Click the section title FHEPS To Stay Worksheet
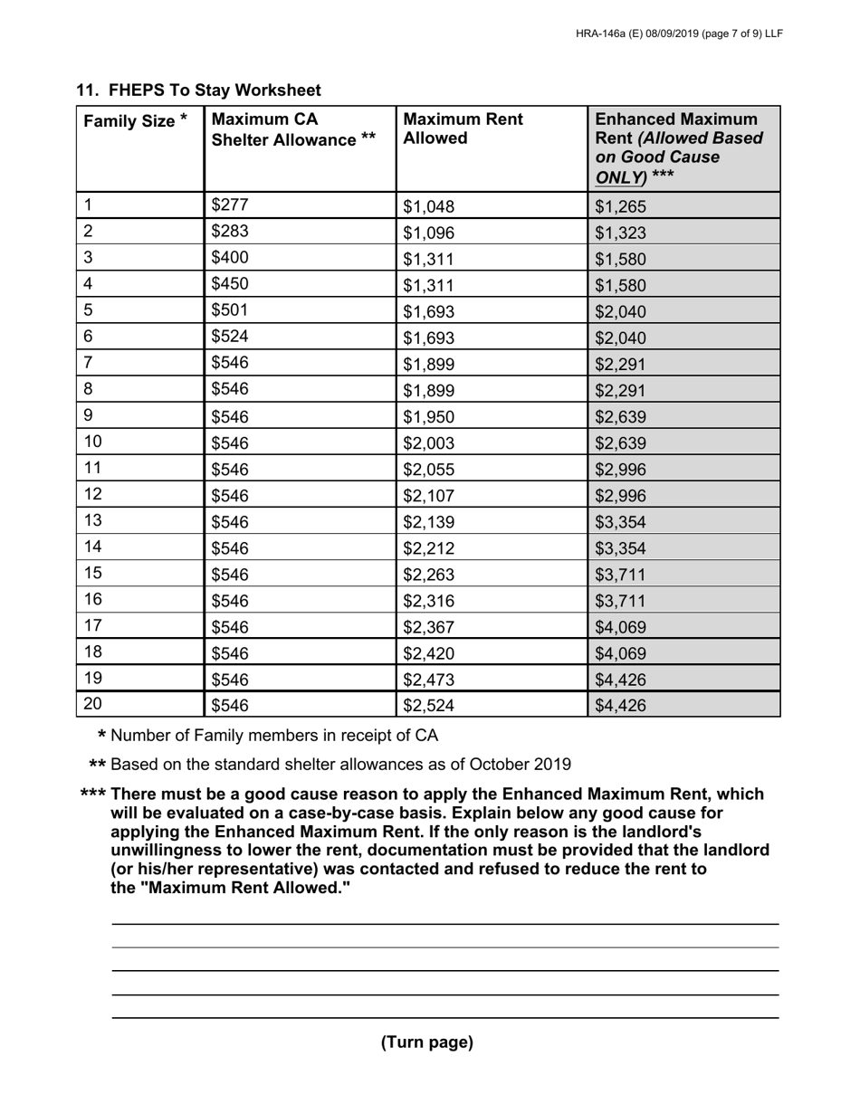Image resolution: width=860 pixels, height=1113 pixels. click(x=198, y=90)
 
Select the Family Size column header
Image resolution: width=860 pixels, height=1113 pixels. click(x=136, y=121)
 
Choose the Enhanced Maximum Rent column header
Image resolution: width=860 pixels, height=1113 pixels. click(x=676, y=147)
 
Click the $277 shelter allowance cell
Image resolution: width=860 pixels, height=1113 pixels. click(x=229, y=205)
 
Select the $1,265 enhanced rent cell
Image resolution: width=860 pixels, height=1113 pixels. click(x=620, y=207)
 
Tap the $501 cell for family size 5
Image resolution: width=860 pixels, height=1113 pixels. click(x=229, y=310)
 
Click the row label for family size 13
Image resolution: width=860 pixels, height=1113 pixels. click(x=93, y=520)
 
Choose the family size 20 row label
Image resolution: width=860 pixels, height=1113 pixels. click(x=93, y=704)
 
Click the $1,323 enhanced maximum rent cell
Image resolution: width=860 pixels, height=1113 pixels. click(x=620, y=233)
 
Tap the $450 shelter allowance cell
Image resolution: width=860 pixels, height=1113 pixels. click(x=229, y=284)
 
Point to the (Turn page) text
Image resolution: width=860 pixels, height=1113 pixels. click(x=426, y=1042)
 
